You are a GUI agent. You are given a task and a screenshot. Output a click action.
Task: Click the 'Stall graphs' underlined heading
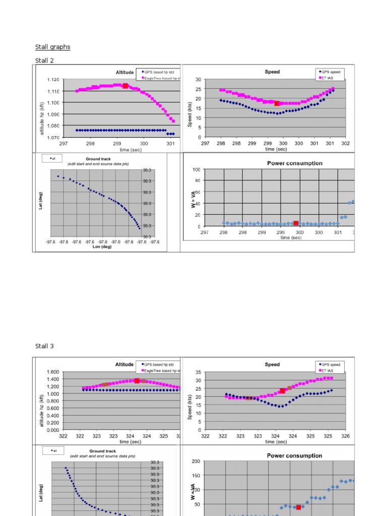pyautogui.click(x=52, y=47)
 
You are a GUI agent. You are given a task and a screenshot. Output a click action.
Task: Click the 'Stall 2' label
pyautogui.click(x=44, y=60)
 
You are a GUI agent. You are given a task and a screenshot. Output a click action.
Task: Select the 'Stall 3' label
pyautogui.click(x=44, y=346)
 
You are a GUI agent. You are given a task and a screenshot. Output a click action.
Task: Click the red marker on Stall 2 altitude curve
pyautogui.click(x=125, y=86)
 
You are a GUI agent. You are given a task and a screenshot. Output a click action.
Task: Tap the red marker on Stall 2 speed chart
pyautogui.click(x=277, y=103)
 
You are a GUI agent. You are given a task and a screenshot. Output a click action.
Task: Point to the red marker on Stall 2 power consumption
pyautogui.click(x=296, y=223)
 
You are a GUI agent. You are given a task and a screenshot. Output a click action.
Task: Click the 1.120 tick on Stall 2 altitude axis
pyautogui.click(x=53, y=80)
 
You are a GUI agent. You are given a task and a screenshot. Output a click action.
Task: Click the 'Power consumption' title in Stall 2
pyautogui.click(x=294, y=163)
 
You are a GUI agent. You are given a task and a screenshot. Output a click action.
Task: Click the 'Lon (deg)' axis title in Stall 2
pyautogui.click(x=102, y=247)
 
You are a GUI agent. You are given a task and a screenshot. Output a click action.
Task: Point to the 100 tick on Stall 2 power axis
pyautogui.click(x=197, y=169)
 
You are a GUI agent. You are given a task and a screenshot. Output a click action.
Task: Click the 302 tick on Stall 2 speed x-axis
pyautogui.click(x=346, y=143)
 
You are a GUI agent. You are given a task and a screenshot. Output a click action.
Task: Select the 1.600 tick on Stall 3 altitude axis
pyautogui.click(x=53, y=372)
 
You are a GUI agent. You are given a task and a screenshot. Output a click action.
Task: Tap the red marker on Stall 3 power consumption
pyautogui.click(x=298, y=507)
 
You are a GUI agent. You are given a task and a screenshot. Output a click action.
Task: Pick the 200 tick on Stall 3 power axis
pyautogui.click(x=195, y=461)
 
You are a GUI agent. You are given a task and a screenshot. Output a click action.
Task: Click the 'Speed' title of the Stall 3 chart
pyautogui.click(x=272, y=364)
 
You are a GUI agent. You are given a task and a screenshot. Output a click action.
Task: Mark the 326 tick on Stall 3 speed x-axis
pyautogui.click(x=345, y=436)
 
